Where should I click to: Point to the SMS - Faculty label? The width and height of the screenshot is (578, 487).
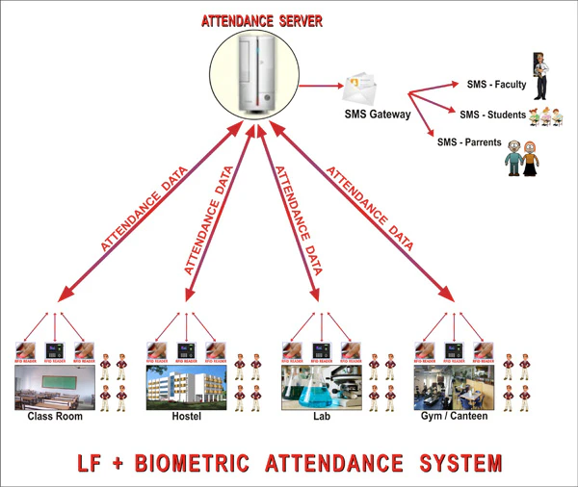point(495,85)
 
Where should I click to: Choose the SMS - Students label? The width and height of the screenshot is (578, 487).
point(492,115)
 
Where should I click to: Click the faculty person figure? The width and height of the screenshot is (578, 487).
point(540,78)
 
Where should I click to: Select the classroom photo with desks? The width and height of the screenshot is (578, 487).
point(55,387)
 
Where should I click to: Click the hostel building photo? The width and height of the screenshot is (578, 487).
point(187,387)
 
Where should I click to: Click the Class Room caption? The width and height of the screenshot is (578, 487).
point(54,417)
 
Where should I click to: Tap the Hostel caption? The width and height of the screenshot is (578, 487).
point(187,417)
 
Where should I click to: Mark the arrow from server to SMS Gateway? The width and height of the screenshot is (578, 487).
point(321,87)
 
